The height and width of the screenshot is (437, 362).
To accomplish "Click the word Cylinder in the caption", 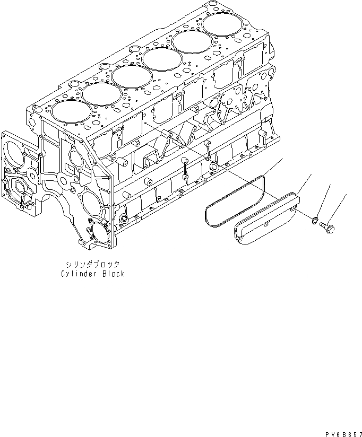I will pyautogui.click(x=77, y=274).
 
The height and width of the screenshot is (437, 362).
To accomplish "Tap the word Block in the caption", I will pyautogui.click(x=113, y=274).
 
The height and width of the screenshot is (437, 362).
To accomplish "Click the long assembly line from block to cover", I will pyautogui.click(x=202, y=156).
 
